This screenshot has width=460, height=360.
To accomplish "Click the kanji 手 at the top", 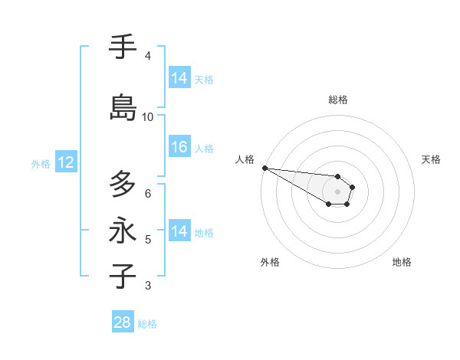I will [x=123, y=47].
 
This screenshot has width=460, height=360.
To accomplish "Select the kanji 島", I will [x=123, y=107].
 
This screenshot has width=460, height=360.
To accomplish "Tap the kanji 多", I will [x=123, y=184].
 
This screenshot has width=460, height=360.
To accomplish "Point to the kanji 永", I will [x=123, y=231].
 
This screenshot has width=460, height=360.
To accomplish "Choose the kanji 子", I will [x=123, y=277].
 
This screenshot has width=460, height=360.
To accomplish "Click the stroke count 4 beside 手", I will [x=148, y=56].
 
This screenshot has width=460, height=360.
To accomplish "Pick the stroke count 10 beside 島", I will [x=148, y=117].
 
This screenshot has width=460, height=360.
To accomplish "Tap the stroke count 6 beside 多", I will [x=148, y=193].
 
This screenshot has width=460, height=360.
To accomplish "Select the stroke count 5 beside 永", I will [x=148, y=240].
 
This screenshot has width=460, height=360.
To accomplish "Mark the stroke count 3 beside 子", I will [x=148, y=286].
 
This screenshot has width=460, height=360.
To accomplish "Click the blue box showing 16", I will [x=179, y=147].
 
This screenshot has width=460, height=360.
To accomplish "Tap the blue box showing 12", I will [x=65, y=162].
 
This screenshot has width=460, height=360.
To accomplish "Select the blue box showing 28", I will [x=123, y=322].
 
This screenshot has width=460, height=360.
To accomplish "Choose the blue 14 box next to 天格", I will [x=179, y=78].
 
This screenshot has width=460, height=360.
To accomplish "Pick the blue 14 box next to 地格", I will [x=179, y=231].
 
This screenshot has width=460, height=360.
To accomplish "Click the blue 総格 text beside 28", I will [x=147, y=324].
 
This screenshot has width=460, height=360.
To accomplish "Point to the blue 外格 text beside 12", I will [x=41, y=163].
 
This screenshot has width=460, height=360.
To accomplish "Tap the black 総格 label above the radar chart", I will [x=338, y=100].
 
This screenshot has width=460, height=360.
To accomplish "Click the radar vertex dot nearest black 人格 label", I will [x=264, y=168].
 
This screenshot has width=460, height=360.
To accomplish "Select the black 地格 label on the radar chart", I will [x=402, y=262].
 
